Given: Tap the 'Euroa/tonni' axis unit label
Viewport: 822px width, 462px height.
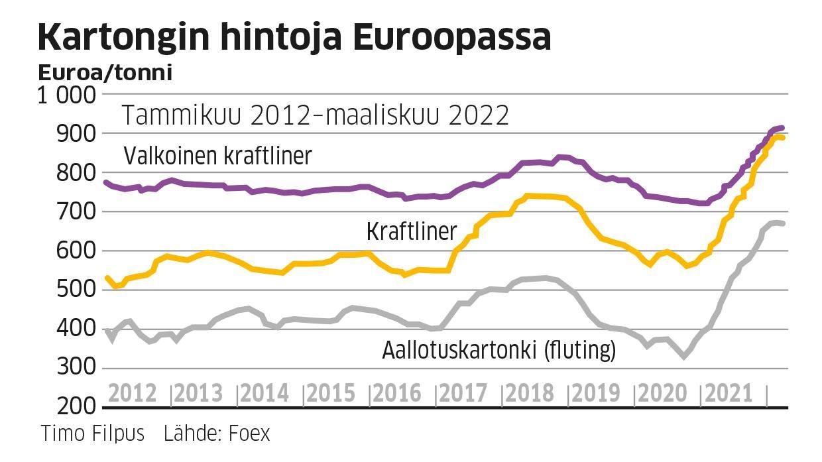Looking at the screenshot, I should click(105, 72).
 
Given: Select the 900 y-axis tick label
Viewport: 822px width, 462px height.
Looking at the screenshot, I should click(80, 134).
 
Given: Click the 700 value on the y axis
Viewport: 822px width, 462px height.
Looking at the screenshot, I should click(80, 212).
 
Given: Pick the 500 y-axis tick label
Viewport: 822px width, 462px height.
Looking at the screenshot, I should click(80, 290).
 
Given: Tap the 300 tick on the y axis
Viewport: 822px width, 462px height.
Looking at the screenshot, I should click(80, 368).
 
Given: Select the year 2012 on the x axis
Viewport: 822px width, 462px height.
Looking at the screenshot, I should click(133, 393).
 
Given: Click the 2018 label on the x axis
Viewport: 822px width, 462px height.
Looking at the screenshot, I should click(529, 393).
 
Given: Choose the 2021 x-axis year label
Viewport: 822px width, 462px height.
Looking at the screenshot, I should click(728, 393).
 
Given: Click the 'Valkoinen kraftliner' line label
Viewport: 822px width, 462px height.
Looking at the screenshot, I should click(217, 156).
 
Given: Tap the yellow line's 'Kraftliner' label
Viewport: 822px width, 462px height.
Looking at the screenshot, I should click(411, 231).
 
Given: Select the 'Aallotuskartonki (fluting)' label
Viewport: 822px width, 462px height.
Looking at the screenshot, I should click(499, 350).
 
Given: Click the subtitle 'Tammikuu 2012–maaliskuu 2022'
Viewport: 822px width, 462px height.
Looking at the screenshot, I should click(316, 115).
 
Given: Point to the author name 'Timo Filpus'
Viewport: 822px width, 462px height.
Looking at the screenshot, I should click(93, 433).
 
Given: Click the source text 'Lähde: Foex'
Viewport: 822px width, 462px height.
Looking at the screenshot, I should click(217, 433).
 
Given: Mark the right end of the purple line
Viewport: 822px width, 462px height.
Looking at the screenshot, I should click(782, 128).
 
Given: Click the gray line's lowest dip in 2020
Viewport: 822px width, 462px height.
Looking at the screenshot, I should click(684, 357).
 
